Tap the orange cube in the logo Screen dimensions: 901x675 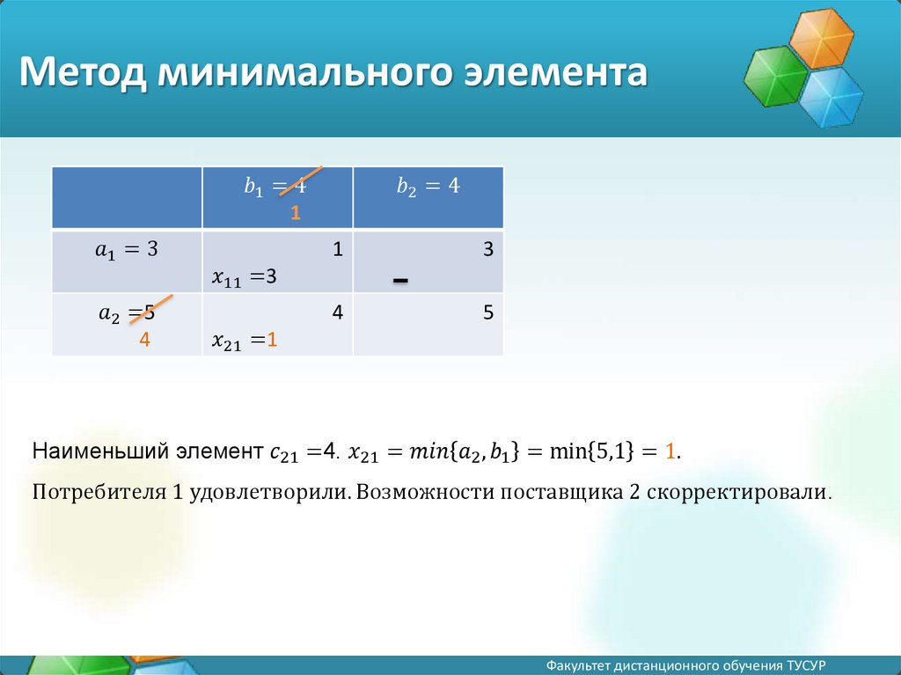[x=821, y=39]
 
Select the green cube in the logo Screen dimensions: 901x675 [x=776, y=76]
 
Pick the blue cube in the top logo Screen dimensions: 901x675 [x=831, y=97]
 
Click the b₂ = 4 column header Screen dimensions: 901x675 [x=429, y=187]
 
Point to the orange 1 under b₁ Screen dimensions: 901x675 [x=296, y=213]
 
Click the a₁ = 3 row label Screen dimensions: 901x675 [x=127, y=250]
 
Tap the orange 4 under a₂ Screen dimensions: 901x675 [x=144, y=340]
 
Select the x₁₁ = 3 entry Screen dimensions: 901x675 [x=245, y=277]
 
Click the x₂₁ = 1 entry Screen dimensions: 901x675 [x=245, y=341]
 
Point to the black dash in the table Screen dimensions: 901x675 [x=400, y=281]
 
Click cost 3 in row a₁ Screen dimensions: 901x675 [x=487, y=249]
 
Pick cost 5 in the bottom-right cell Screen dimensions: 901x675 [x=487, y=312]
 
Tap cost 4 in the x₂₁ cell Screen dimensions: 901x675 [x=337, y=312]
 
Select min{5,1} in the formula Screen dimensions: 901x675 [x=592, y=451]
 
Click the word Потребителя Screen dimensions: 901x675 [x=99, y=493]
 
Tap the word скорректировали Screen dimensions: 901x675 [x=739, y=493]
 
